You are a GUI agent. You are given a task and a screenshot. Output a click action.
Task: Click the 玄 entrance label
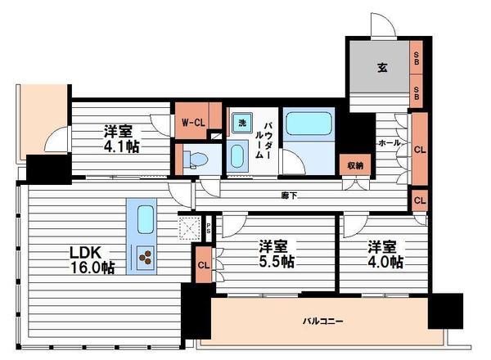click(382, 69)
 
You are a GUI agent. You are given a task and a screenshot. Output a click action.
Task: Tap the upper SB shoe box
click(417, 58)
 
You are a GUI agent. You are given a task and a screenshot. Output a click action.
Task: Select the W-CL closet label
click(191, 123)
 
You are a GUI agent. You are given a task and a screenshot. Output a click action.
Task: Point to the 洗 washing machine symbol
click(241, 123)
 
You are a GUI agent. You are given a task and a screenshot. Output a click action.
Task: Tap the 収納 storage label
click(353, 165)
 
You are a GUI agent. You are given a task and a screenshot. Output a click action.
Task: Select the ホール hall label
click(388, 142)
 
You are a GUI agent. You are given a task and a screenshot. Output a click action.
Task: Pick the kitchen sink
click(146, 220)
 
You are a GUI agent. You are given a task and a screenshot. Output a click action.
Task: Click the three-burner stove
click(146, 257)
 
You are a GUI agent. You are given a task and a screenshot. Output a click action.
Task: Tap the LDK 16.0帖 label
click(91, 259)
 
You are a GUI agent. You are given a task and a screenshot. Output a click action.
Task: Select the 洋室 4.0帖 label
click(384, 254)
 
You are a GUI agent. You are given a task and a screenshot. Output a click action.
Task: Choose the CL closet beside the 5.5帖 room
click(202, 265)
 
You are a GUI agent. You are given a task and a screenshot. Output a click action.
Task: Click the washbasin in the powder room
click(237, 155)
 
